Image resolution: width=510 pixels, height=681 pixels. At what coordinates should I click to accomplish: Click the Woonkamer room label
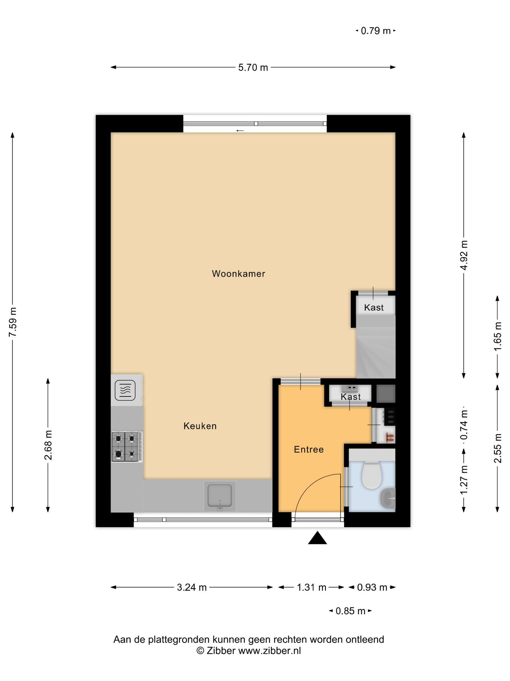[238, 274]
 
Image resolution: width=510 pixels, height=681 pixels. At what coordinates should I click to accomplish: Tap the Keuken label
[200, 426]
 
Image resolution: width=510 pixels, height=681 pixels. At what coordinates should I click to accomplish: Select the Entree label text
[309, 450]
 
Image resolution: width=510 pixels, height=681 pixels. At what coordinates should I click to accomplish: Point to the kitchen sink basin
[220, 495]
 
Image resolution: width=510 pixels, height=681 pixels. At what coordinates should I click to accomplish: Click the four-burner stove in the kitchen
[125, 447]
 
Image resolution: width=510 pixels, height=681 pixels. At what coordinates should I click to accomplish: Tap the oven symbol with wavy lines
[125, 390]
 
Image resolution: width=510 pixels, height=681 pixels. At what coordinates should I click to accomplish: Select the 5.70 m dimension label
[253, 68]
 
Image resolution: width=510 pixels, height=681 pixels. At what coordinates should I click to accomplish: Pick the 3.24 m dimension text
[192, 588]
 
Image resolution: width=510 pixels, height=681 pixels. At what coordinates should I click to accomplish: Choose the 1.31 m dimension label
[311, 588]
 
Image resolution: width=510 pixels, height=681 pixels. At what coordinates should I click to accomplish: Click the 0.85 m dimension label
[350, 611]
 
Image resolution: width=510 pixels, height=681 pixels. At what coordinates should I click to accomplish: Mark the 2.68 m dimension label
[48, 445]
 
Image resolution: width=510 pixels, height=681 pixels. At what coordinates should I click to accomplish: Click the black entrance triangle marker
[317, 538]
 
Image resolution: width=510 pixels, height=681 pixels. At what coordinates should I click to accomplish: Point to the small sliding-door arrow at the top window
[240, 131]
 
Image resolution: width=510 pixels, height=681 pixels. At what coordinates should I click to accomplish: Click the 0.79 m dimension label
[376, 31]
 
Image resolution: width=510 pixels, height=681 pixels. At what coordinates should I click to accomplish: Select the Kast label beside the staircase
[374, 308]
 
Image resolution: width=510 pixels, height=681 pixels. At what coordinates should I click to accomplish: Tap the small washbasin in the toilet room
[388, 498]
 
